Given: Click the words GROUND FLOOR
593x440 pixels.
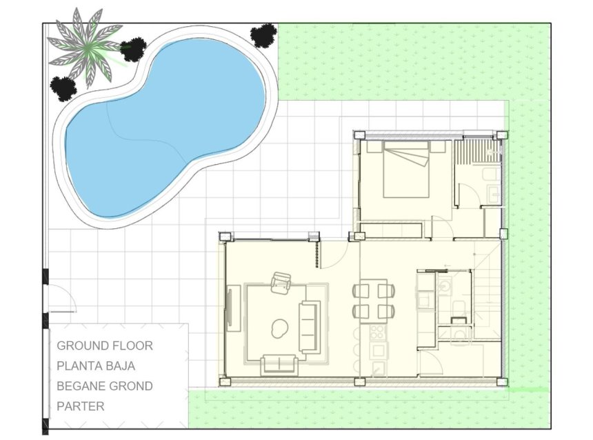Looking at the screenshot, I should pos(105,346).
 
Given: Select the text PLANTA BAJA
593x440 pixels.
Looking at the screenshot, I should pos(96,366).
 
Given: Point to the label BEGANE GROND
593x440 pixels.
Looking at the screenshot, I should pos(105,386).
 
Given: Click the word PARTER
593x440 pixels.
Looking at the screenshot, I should pos(81,406).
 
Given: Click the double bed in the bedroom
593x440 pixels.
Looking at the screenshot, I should pos(406,168).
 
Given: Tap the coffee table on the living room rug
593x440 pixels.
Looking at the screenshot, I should pos(280,330).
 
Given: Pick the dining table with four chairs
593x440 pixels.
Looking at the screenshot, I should pos(374,301).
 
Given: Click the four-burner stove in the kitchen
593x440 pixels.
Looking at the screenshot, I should pos(378,334).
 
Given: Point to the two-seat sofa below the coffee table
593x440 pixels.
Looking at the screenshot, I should pos(279,363).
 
